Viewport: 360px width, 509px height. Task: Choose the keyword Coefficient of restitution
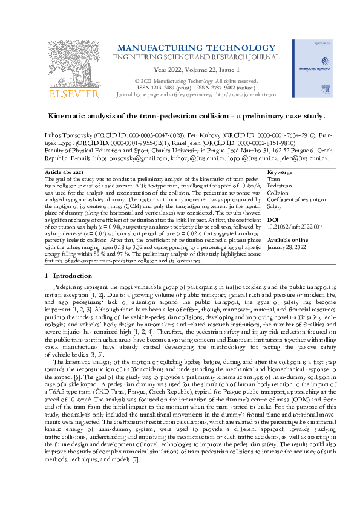pyautogui.click(x=296, y=199)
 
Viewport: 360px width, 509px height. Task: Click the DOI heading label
pyautogui.click(x=272, y=221)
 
